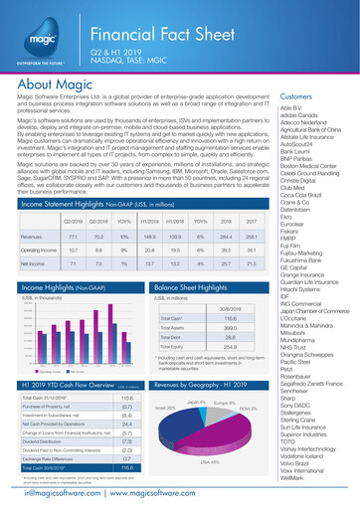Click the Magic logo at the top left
pyautogui.click(x=43, y=37)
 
